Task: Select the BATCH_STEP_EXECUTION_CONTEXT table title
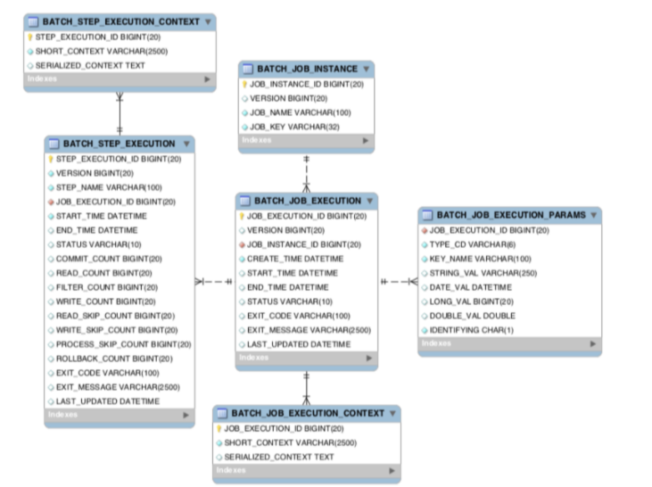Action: coord(123,21)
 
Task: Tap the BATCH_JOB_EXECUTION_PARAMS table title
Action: coord(510,215)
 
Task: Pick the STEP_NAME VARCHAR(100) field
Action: coord(108,187)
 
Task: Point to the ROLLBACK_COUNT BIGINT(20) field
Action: coord(113,359)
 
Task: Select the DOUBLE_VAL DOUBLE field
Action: coord(472,316)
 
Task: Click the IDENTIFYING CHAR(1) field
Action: coord(471,330)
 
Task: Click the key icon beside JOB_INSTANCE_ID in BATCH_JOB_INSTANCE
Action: coord(243,84)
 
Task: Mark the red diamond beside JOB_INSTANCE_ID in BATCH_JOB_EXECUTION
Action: coord(242,244)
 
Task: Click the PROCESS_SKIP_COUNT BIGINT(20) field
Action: coord(123,344)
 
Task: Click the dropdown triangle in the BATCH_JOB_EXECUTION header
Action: coord(370,201)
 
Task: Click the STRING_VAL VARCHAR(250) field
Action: coord(482,273)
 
